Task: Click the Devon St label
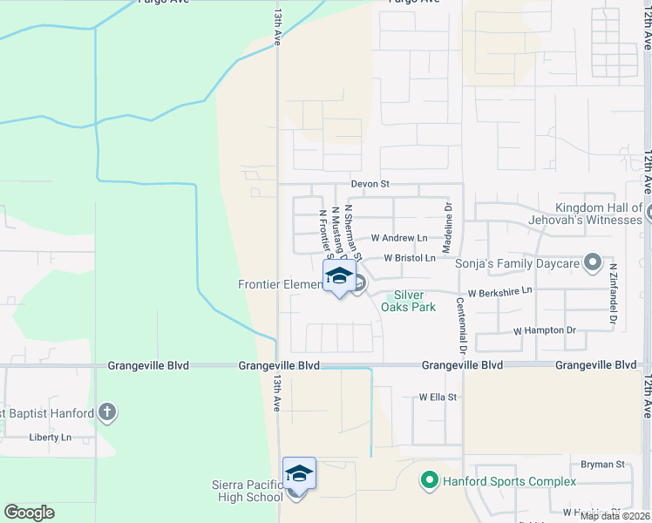pos(370,185)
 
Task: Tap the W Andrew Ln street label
pos(399,238)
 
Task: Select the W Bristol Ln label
pos(409,259)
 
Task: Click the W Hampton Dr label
pos(545,331)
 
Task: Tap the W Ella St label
pos(438,397)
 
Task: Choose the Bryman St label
pos(607,465)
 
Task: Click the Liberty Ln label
pos(48,438)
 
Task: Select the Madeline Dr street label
pos(448,228)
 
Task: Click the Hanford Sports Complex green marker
pos(429,480)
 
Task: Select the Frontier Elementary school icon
pos(338,278)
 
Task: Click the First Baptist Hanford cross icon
pos(106,412)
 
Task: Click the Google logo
pos(29,513)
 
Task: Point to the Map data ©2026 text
pos(615,516)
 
